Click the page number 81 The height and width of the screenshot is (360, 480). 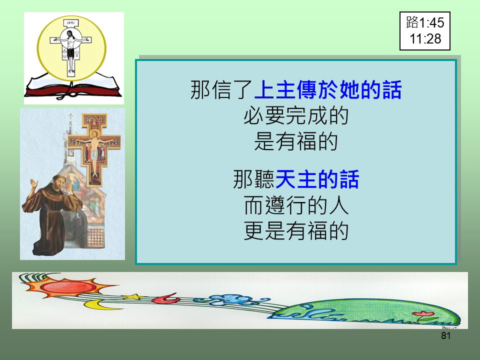click(x=445, y=336)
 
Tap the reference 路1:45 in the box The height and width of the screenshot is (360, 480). click(x=425, y=22)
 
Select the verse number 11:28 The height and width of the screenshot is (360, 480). click(x=425, y=39)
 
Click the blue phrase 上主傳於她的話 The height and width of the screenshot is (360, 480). click(x=327, y=89)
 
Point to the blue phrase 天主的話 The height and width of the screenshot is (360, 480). click(x=317, y=179)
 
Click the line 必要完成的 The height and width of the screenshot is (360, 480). click(x=296, y=115)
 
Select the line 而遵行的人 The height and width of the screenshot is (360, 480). click(x=296, y=205)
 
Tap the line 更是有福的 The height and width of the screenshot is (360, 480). click(x=296, y=230)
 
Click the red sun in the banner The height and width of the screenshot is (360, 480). click(x=68, y=286)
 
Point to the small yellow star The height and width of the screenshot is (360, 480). click(x=133, y=296)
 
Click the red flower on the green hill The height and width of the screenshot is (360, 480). click(x=423, y=314)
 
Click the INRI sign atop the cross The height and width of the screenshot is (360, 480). click(x=71, y=23)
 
